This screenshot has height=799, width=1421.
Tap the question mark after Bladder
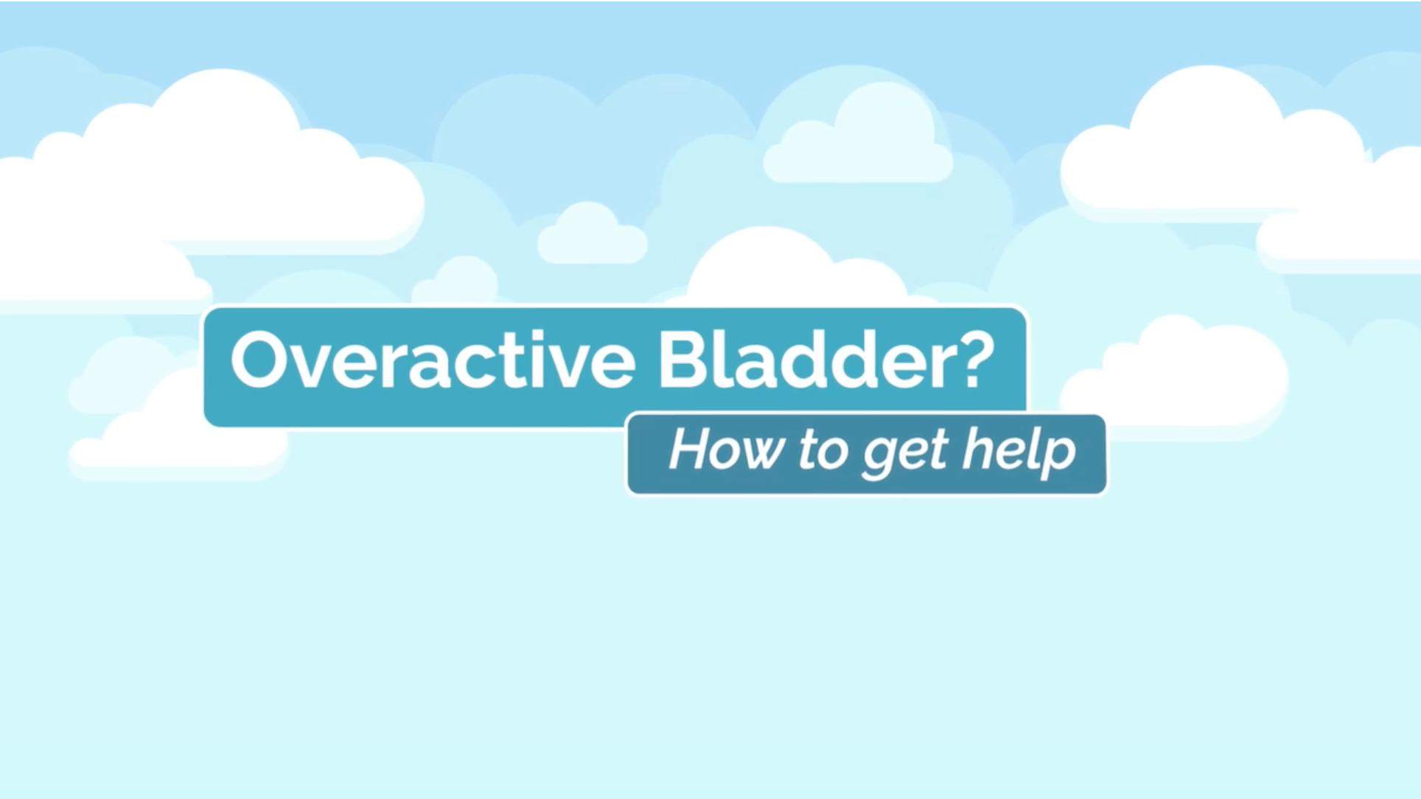point(974,358)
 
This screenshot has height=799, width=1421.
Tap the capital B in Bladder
point(682,360)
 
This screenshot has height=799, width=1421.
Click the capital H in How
point(689,449)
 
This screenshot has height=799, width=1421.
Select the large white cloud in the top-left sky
point(221,170)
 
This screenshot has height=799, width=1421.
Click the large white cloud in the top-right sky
point(1209,147)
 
